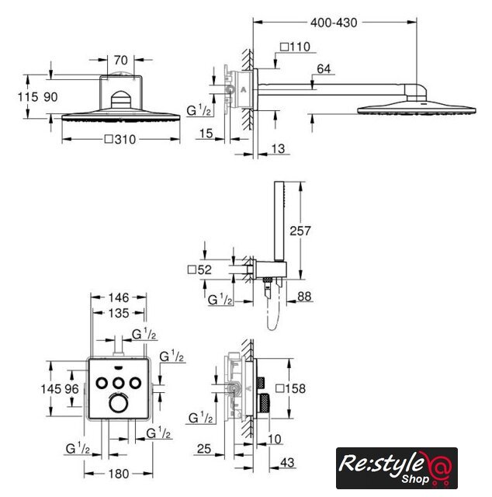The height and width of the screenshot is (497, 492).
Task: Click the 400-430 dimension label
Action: point(334,23)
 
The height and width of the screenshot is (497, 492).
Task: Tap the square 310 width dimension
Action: point(120,139)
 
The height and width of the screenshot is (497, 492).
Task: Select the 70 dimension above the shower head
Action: point(121,60)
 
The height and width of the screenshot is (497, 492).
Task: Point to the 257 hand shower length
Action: point(300,231)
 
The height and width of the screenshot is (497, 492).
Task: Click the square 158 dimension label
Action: point(291,388)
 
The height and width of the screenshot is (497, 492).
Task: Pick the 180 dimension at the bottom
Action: point(119,474)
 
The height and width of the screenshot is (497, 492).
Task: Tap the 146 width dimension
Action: point(119,297)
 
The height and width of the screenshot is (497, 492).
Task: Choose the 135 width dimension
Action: point(119,313)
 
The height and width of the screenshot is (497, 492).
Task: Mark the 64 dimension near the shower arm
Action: point(324,69)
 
